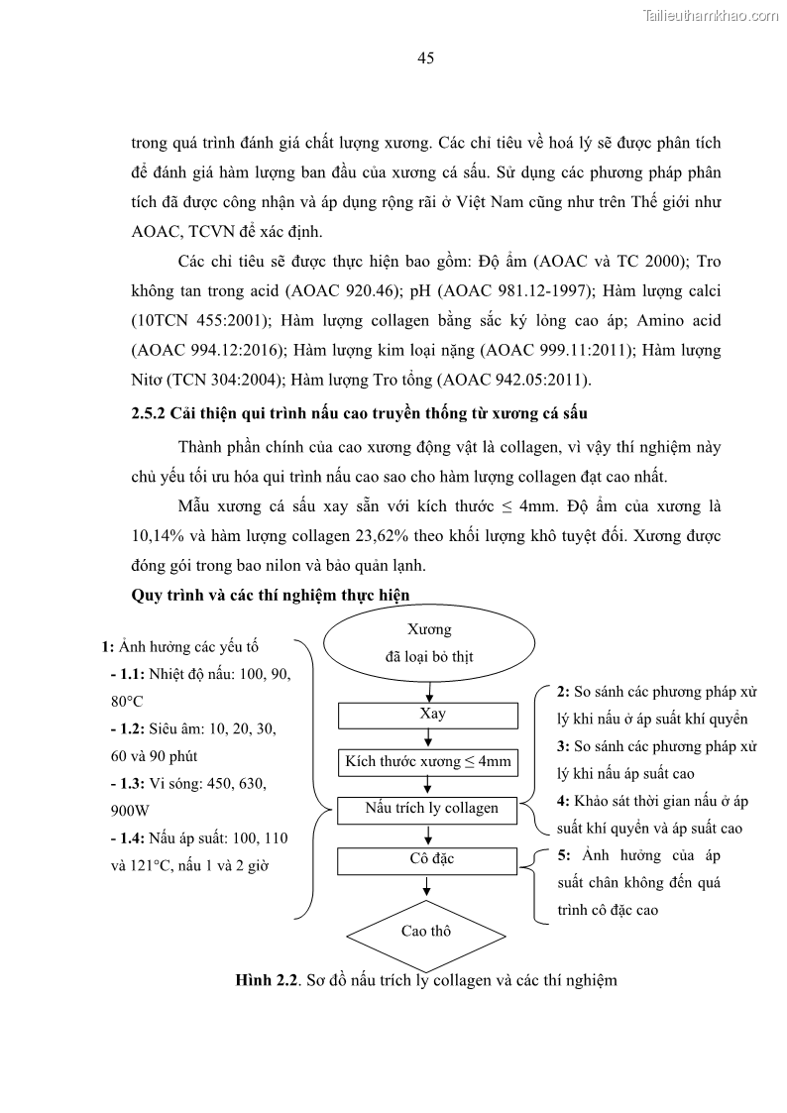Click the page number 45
pos(425,58)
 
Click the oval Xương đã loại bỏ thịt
pos(428,644)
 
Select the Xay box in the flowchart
pos(428,715)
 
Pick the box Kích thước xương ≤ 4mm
pos(428,761)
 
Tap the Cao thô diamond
pos(426,932)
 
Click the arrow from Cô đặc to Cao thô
pos(427,886)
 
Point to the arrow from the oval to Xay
pos(427,691)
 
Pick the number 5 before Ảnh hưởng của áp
pos(563,854)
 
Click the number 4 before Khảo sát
pos(562,801)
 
